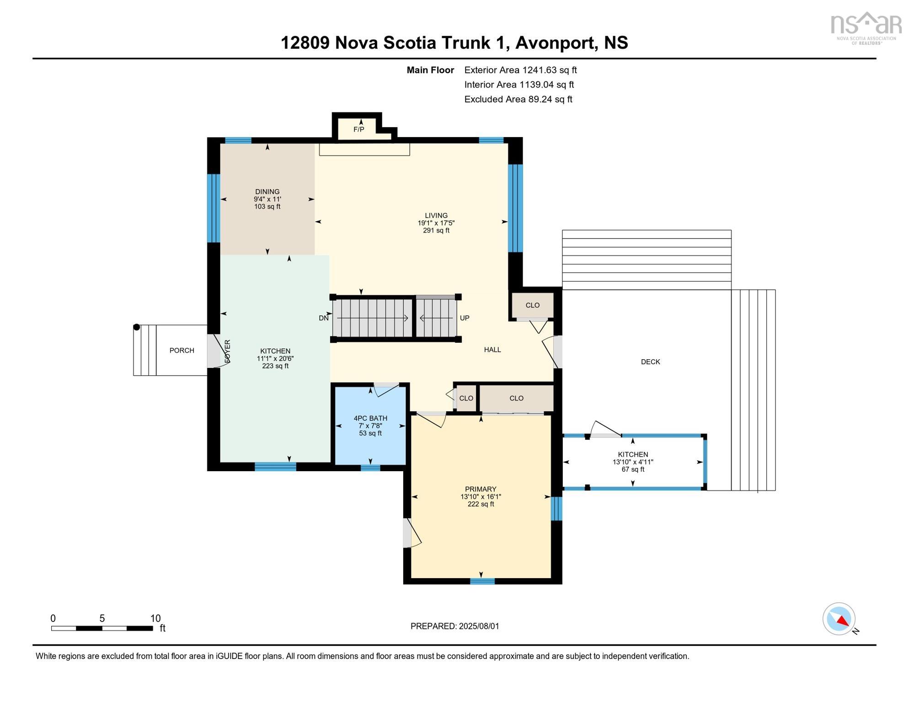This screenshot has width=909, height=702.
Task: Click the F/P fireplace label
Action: click(358, 129)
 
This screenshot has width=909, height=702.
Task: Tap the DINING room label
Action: click(267, 191)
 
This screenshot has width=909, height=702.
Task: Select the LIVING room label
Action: click(436, 215)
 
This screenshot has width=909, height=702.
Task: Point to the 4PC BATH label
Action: click(370, 418)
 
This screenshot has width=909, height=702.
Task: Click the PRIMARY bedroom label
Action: click(481, 489)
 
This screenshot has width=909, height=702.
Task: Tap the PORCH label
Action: click(182, 351)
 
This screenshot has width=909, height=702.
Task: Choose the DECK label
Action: click(651, 362)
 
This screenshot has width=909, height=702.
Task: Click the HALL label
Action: click(492, 350)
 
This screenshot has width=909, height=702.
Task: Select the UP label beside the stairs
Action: click(465, 318)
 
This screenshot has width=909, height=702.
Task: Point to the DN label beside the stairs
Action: click(324, 318)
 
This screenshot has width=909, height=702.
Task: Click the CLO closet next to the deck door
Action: click(533, 305)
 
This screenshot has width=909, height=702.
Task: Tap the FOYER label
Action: click(227, 351)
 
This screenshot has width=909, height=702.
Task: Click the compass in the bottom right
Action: click(839, 619)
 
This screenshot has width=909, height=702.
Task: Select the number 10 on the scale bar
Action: click(155, 618)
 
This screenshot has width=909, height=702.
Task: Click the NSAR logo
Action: click(866, 28)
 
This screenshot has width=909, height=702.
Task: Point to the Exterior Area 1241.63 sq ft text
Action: click(520, 70)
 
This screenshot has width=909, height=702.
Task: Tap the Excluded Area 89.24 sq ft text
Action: click(518, 99)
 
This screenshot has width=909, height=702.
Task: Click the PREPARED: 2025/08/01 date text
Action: click(455, 626)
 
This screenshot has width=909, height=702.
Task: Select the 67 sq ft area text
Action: click(633, 469)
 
